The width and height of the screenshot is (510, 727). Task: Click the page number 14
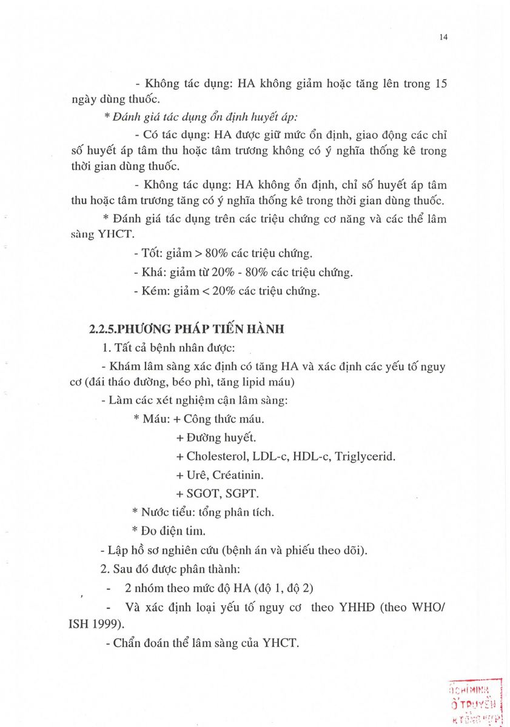click(x=443, y=38)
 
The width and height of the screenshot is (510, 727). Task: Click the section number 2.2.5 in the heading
click(x=101, y=329)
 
